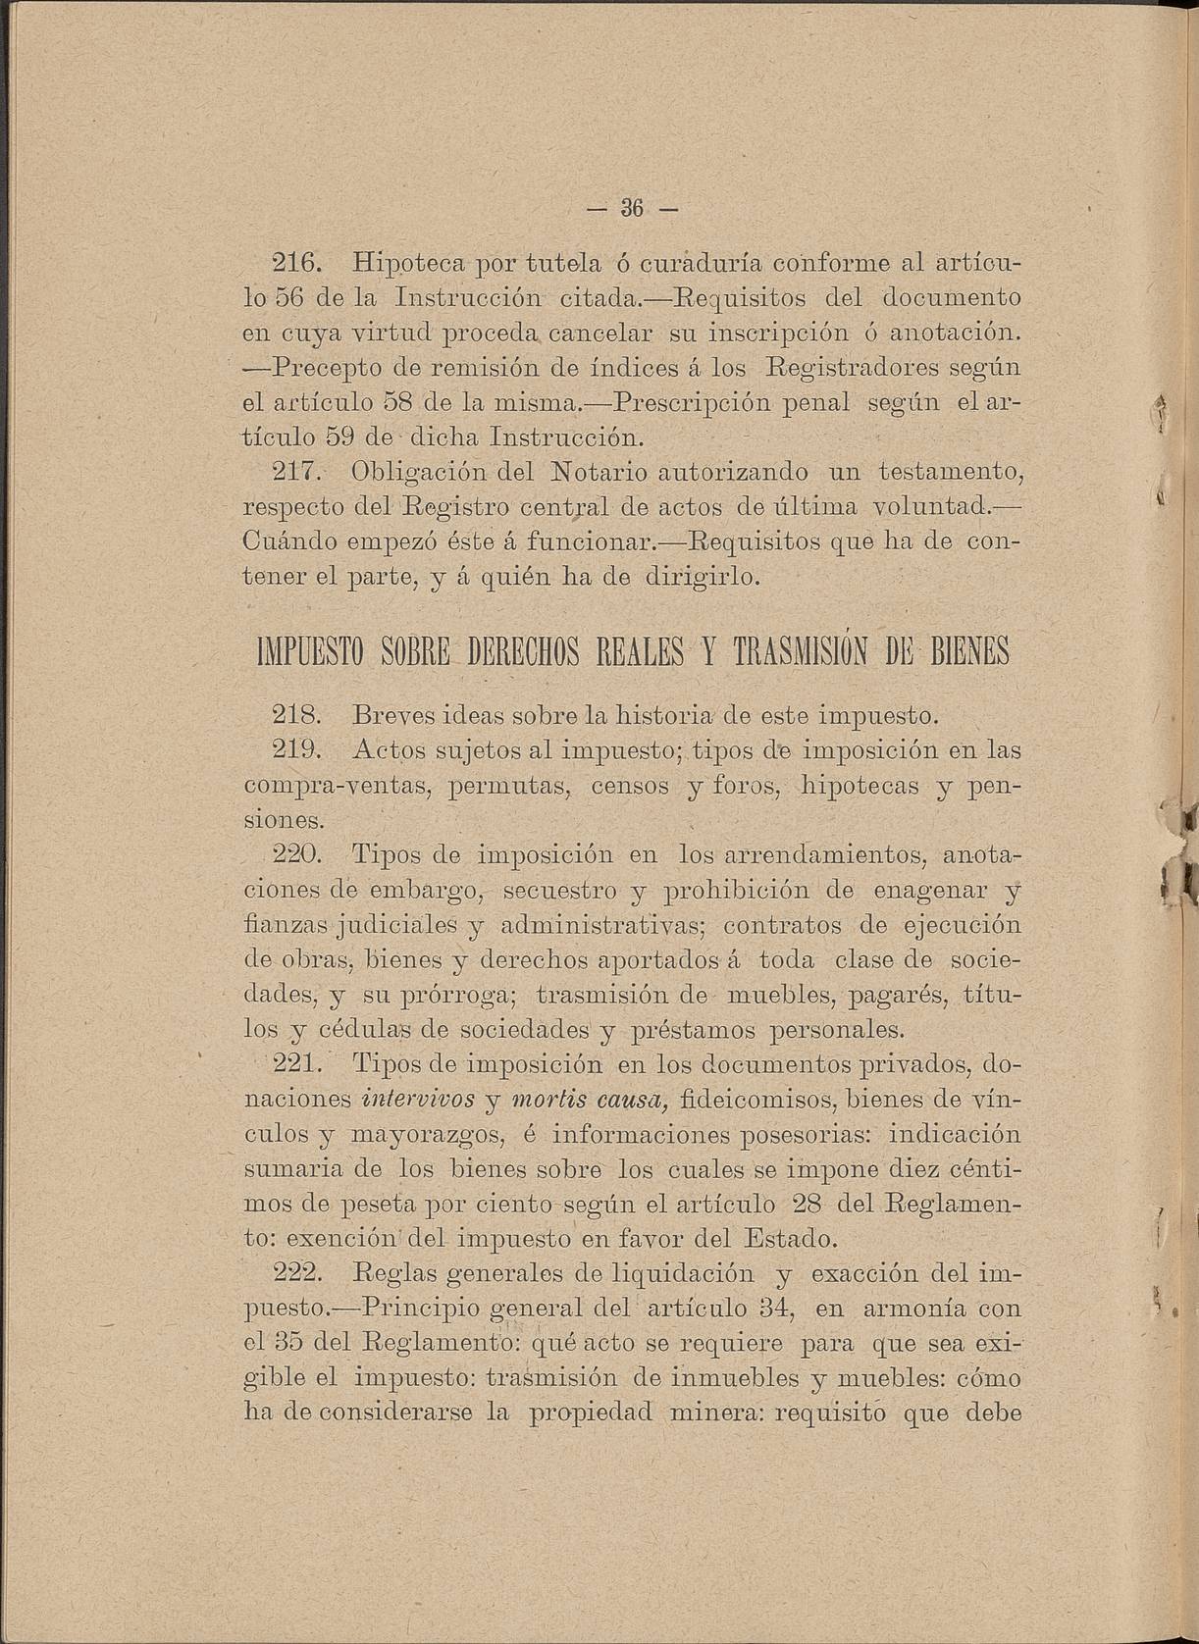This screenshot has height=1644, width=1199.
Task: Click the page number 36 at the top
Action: (x=631, y=209)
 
